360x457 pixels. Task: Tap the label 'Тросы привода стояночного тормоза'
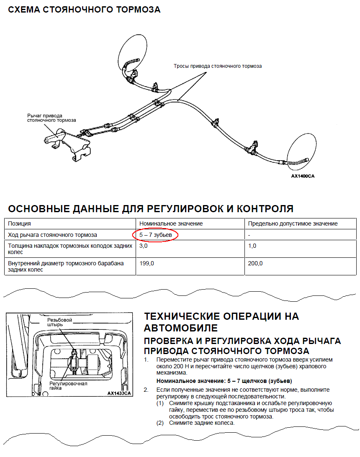[x=218, y=66]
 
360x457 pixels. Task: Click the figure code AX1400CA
[x=303, y=176]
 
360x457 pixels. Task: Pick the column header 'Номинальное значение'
[x=171, y=223]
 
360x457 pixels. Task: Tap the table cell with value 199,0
[x=146, y=263]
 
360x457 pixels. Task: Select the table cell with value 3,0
[x=143, y=246]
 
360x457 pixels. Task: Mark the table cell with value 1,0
[x=252, y=246]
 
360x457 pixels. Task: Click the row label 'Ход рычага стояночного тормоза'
[x=52, y=235]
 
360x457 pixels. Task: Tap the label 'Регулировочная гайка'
[x=68, y=386]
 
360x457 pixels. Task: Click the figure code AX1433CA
[x=119, y=393]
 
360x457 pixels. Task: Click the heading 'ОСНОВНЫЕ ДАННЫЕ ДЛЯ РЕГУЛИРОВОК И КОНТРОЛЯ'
[x=151, y=209]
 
